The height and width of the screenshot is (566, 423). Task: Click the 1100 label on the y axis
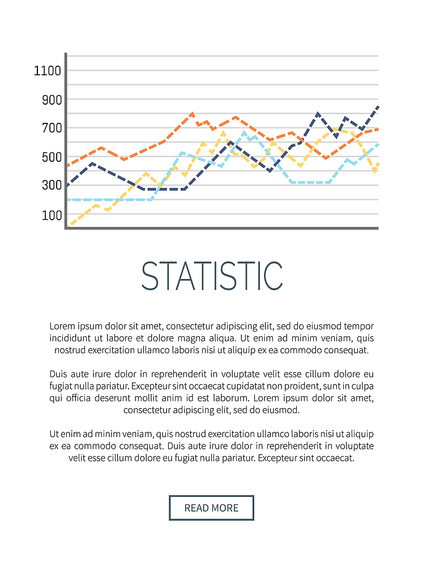click(47, 71)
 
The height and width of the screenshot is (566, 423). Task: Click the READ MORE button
click(211, 508)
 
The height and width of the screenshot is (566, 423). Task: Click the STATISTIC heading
click(211, 276)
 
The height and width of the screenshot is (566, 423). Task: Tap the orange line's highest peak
click(193, 114)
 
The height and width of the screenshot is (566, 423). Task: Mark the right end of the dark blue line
click(377, 107)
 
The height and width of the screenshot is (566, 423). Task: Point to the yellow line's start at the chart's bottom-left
click(68, 226)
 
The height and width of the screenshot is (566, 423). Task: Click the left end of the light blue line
click(68, 200)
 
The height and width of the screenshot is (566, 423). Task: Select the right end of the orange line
click(377, 129)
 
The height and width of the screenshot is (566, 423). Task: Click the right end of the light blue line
click(377, 144)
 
